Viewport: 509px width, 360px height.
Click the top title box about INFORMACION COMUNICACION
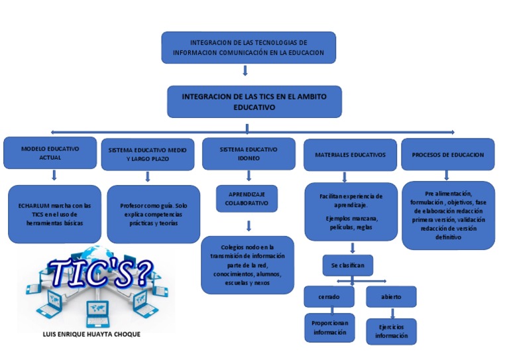point(249,47)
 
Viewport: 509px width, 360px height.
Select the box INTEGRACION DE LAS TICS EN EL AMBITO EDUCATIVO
point(254,101)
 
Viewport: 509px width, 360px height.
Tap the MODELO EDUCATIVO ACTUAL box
point(50,153)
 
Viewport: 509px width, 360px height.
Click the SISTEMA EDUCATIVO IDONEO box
point(249,154)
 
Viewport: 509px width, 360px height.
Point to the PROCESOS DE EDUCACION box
point(447,154)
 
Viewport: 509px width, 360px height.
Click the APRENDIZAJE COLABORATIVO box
point(247,198)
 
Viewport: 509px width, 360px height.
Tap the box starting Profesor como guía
point(153,214)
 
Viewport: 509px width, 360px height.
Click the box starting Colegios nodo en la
point(247,265)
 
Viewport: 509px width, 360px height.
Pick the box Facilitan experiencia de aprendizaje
point(351,211)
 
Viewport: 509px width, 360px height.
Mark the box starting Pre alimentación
point(448,215)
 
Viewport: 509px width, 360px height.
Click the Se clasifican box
point(347,265)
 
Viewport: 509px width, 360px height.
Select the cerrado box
point(330,296)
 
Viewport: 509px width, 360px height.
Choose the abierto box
point(391,296)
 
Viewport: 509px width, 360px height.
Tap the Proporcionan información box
point(330,328)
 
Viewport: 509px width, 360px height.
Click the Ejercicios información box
point(392,331)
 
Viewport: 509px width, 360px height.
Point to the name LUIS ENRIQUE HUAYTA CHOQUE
point(91,334)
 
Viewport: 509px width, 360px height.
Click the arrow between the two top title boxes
point(246,70)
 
